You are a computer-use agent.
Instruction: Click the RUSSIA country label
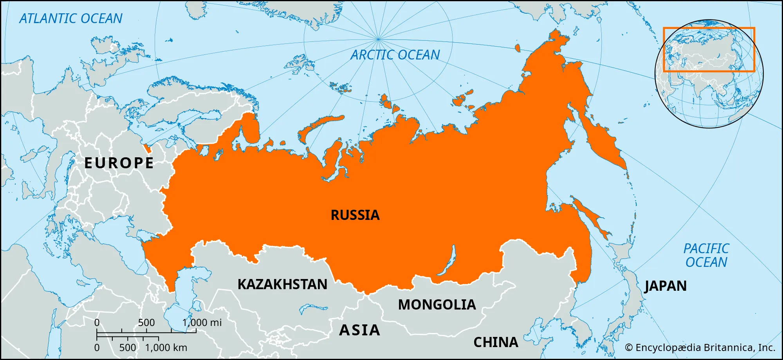(355, 215)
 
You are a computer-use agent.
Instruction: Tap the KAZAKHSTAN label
(282, 284)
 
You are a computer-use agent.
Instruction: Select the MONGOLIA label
(437, 305)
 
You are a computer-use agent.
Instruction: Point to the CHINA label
(496, 342)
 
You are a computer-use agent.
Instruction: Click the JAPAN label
(666, 286)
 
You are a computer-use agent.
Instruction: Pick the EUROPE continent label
(119, 163)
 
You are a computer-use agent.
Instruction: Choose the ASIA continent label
(359, 330)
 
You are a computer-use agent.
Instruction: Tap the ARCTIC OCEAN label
(395, 55)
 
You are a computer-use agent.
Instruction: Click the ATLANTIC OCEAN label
(71, 19)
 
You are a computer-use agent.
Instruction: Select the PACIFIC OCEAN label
(706, 255)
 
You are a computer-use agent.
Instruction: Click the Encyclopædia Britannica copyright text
(700, 347)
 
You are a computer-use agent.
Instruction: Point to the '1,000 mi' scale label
(202, 322)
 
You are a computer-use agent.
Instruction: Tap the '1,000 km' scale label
(166, 347)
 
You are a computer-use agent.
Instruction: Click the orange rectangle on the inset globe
(709, 28)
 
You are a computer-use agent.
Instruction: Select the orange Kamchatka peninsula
(603, 141)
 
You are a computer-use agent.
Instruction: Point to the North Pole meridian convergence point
(378, 39)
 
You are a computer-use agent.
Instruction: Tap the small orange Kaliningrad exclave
(147, 148)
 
